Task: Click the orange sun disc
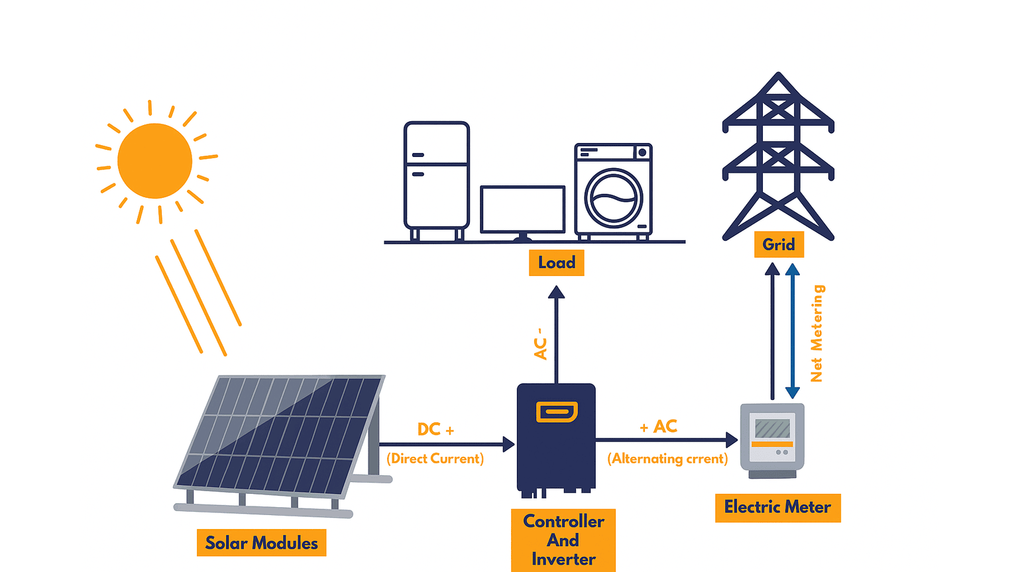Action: pyautogui.click(x=154, y=161)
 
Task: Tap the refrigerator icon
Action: pyautogui.click(x=436, y=175)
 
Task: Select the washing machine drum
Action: pyautogui.click(x=614, y=197)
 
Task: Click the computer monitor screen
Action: pyautogui.click(x=522, y=209)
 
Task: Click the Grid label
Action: pyautogui.click(x=779, y=245)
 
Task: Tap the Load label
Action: pyautogui.click(x=556, y=263)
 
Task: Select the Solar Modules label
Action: pyautogui.click(x=261, y=543)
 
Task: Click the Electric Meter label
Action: pyautogui.click(x=777, y=508)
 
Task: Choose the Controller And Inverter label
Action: pyautogui.click(x=563, y=540)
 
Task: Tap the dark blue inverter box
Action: pyautogui.click(x=556, y=450)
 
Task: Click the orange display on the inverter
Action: pyautogui.click(x=557, y=412)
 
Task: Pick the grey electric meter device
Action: pyautogui.click(x=772, y=440)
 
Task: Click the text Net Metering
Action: pyautogui.click(x=817, y=333)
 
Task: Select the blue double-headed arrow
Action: pyautogui.click(x=792, y=331)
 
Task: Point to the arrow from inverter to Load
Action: pyautogui.click(x=557, y=334)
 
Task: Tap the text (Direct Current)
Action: pyautogui.click(x=435, y=459)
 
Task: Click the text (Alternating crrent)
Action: pyautogui.click(x=667, y=459)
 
